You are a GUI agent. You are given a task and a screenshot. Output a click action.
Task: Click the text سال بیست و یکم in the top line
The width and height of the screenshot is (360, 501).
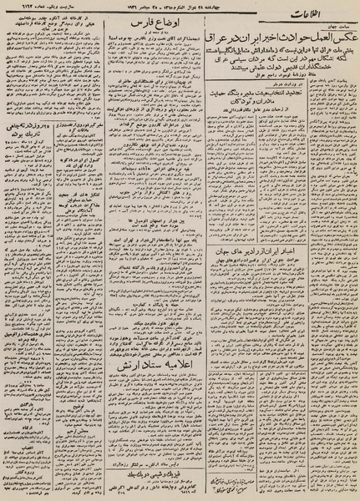[x=50, y=17]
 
